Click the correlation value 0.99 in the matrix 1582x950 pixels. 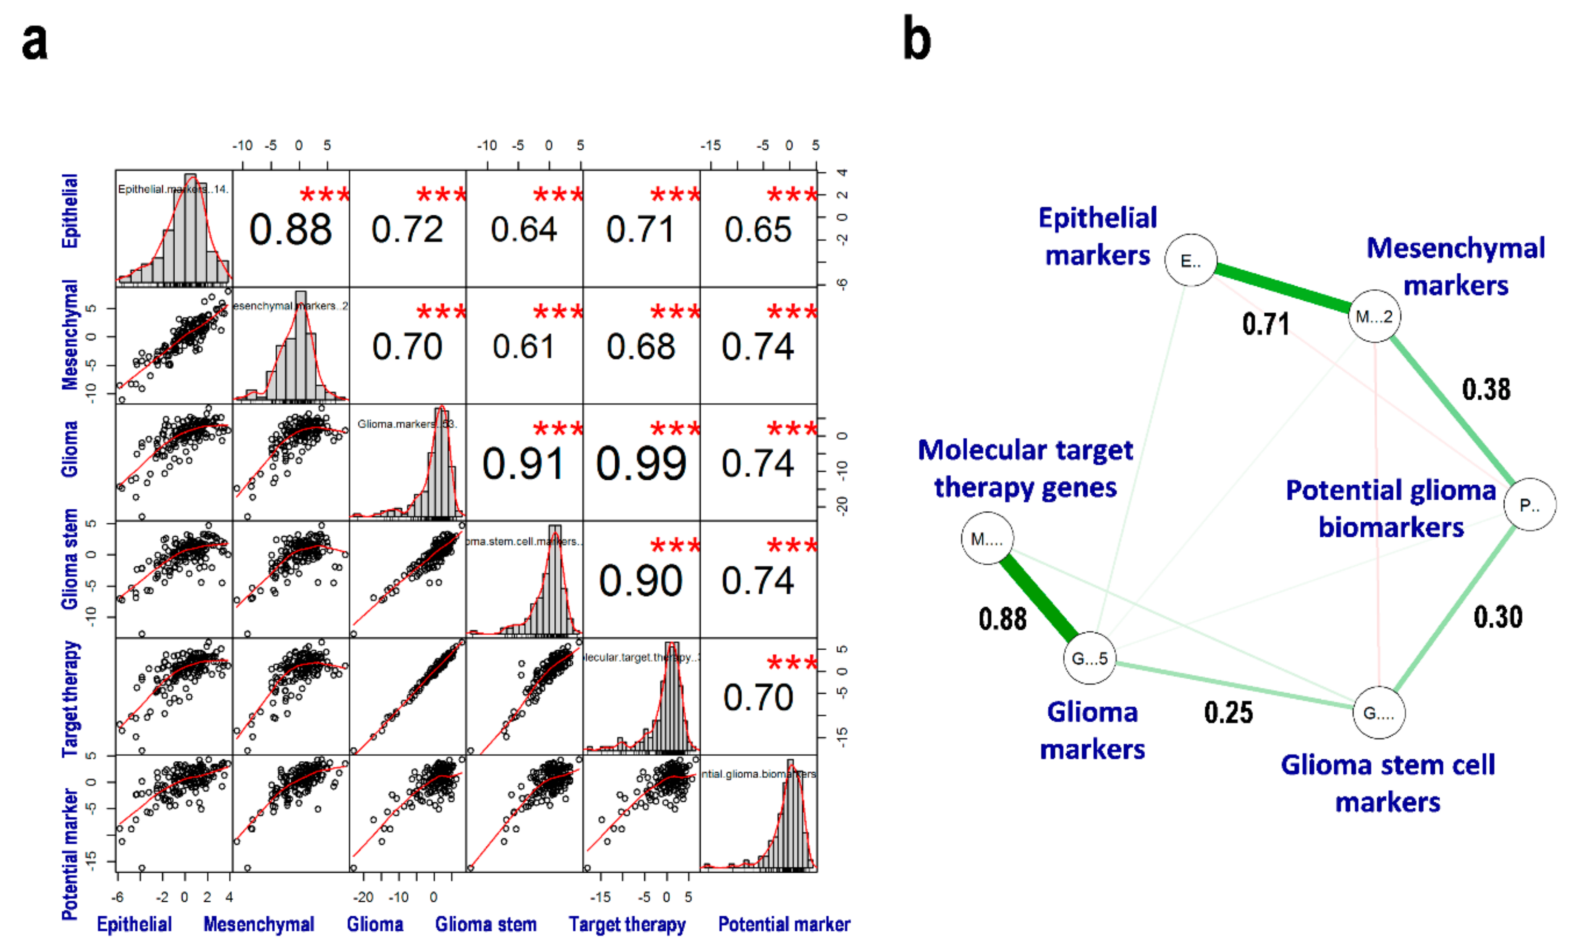click(641, 463)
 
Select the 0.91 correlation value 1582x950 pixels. click(523, 463)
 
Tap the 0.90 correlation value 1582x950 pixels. click(640, 581)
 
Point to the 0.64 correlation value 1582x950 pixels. click(523, 229)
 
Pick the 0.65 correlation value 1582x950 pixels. click(758, 229)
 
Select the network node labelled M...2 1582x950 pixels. click(1374, 316)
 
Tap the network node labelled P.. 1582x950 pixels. click(1529, 505)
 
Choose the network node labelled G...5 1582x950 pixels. click(1089, 658)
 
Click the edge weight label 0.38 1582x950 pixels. click(1486, 389)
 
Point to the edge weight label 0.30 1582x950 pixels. click(1497, 616)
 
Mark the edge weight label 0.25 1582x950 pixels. click(1228, 712)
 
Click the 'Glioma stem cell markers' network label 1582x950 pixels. click(1387, 783)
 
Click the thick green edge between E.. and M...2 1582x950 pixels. click(1283, 288)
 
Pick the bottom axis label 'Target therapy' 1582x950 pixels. click(627, 924)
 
